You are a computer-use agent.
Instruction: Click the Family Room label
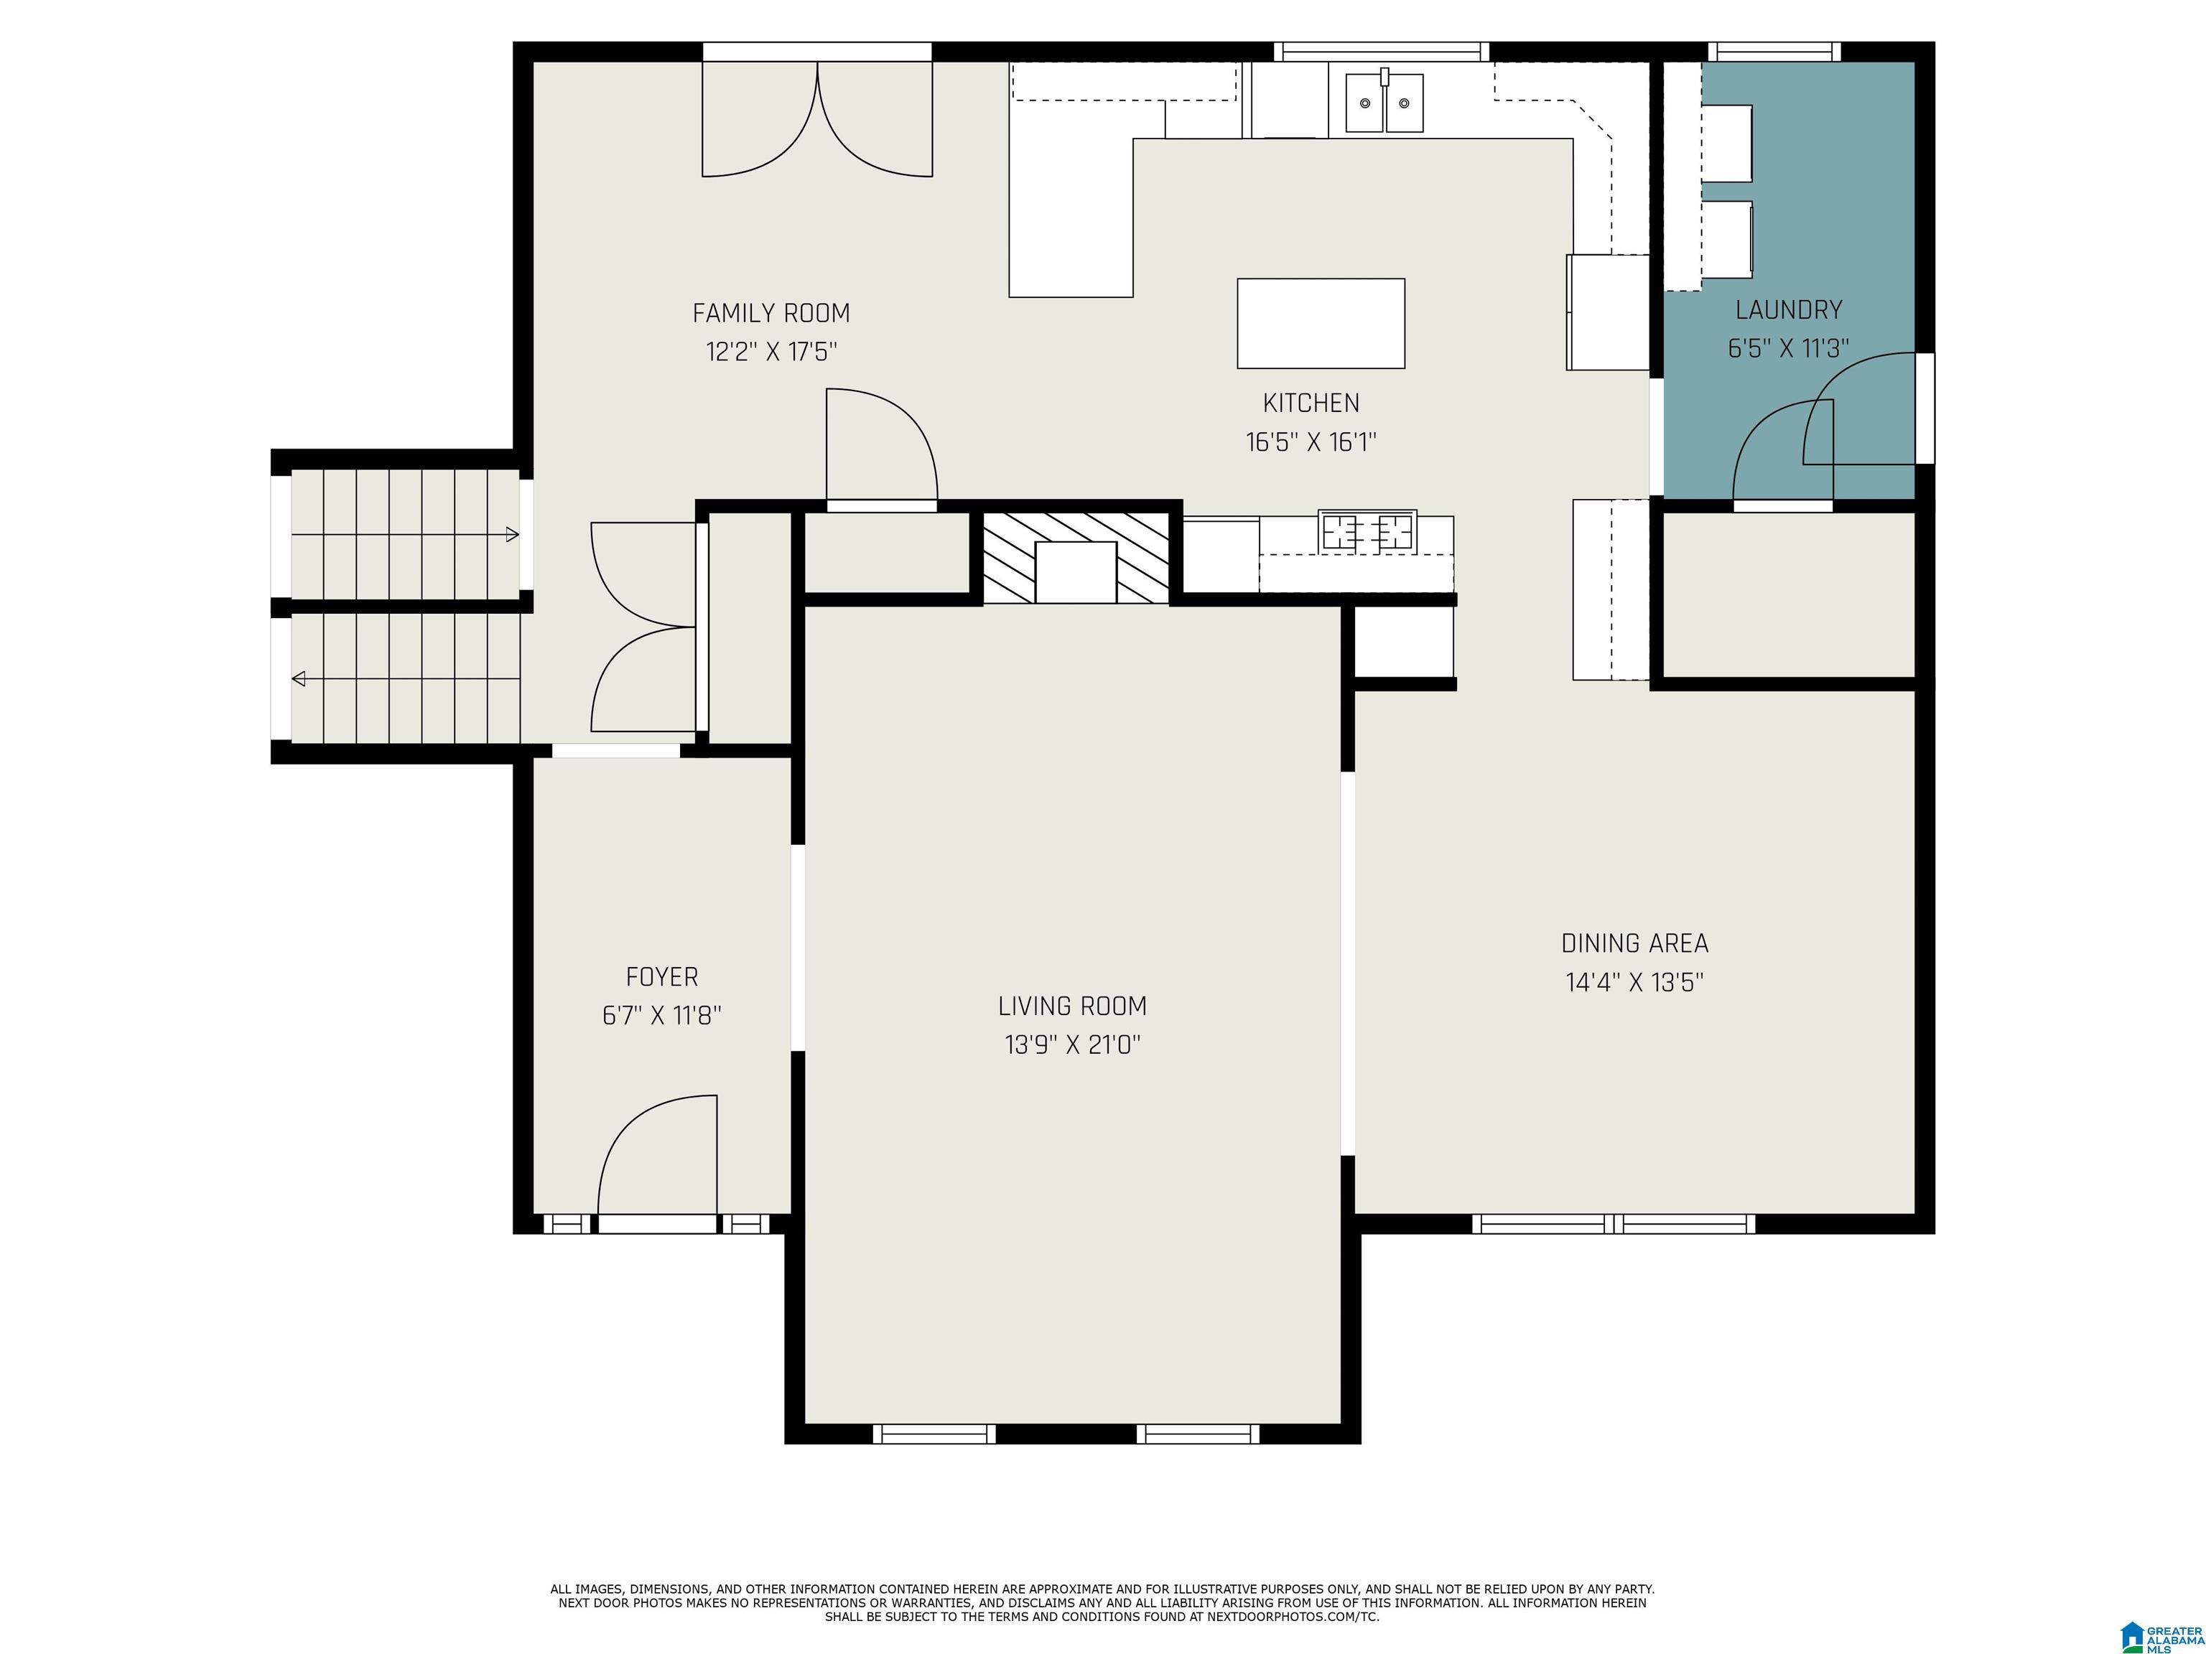click(x=771, y=313)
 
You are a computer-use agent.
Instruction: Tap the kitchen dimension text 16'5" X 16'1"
click(x=1311, y=441)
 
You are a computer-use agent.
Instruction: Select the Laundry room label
click(x=1788, y=310)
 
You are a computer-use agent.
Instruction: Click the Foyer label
click(x=661, y=977)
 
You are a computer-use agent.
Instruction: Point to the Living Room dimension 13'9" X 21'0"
click(x=1072, y=1045)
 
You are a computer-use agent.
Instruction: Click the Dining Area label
click(x=1634, y=943)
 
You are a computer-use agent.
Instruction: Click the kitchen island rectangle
click(x=1321, y=323)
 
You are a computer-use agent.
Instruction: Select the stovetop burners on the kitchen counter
click(x=1367, y=531)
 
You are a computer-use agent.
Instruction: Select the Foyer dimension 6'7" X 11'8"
click(x=661, y=1016)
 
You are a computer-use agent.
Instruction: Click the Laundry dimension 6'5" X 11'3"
click(x=1788, y=349)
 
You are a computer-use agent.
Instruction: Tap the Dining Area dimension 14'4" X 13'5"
click(x=1634, y=982)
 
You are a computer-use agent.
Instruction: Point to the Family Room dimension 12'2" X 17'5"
click(x=771, y=352)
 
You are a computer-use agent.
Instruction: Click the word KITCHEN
click(x=1311, y=403)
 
